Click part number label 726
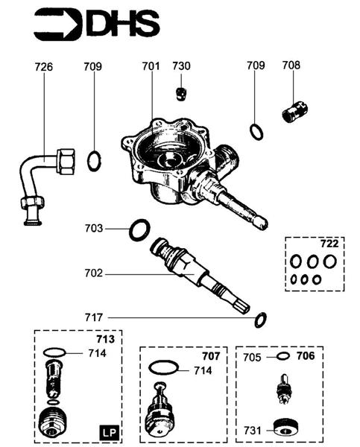(44, 67)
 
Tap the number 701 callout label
(151, 67)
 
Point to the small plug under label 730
(180, 93)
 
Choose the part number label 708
(291, 66)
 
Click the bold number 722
(329, 244)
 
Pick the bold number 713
(105, 340)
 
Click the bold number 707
(211, 355)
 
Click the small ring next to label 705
(282, 357)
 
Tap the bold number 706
(306, 356)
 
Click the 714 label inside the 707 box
(203, 370)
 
